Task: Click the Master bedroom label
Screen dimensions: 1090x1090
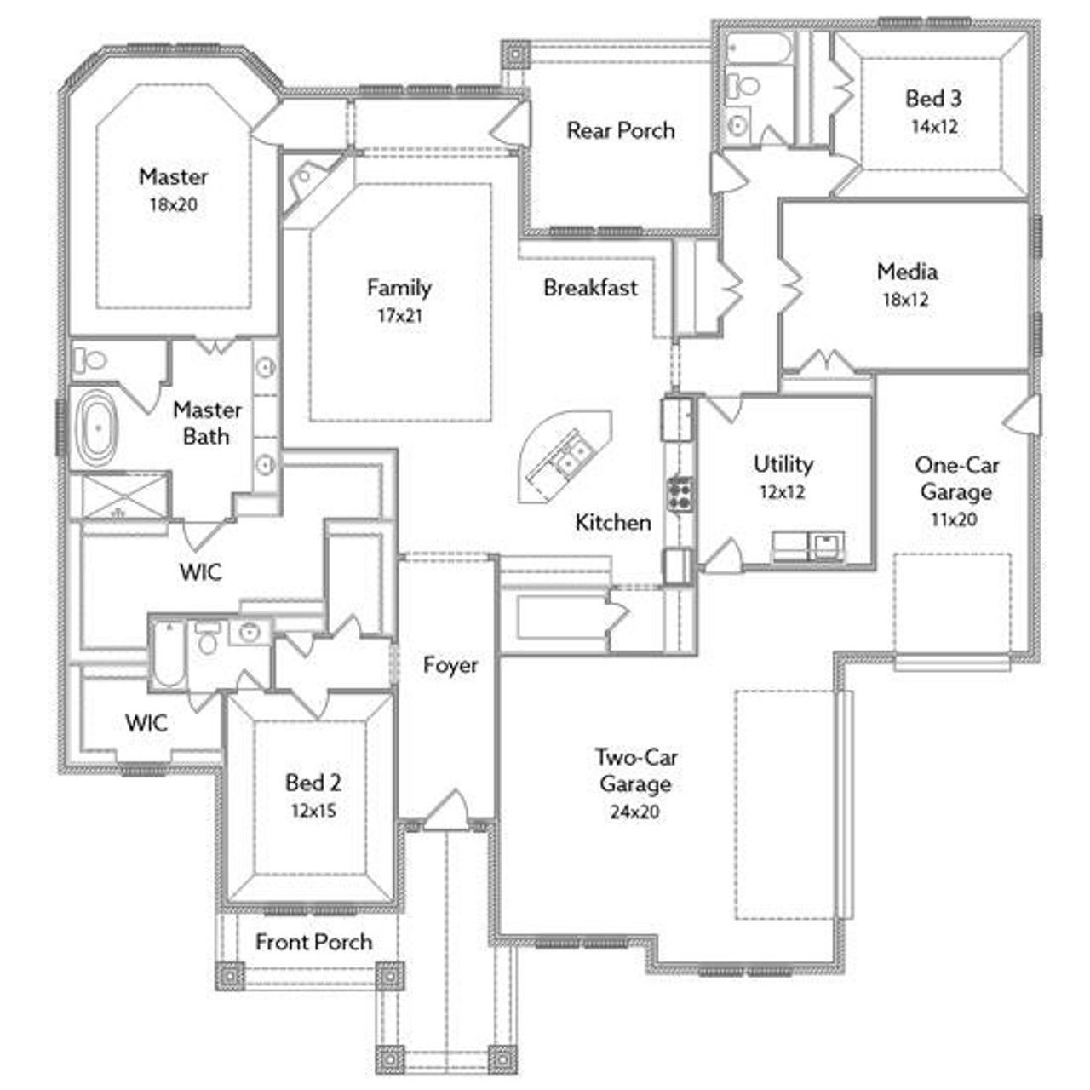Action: tap(173, 176)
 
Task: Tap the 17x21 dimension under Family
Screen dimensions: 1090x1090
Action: tap(399, 316)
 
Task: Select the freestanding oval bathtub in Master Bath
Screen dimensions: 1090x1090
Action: tap(100, 427)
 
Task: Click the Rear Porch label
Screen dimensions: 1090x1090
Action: tap(620, 130)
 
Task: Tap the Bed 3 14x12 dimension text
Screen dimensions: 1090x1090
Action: tap(933, 126)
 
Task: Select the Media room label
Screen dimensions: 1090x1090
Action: tap(907, 272)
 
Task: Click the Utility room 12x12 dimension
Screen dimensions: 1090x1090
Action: tap(783, 492)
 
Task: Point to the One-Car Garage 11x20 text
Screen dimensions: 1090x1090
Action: tap(956, 519)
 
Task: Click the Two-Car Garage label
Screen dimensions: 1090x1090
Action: tap(635, 770)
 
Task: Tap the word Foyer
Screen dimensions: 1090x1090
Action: tap(450, 665)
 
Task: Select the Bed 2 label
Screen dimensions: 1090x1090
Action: tap(313, 782)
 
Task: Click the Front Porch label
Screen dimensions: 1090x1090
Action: tap(313, 942)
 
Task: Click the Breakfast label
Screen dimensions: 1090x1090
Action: tap(590, 288)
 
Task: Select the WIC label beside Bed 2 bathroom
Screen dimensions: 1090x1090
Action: tap(146, 724)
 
